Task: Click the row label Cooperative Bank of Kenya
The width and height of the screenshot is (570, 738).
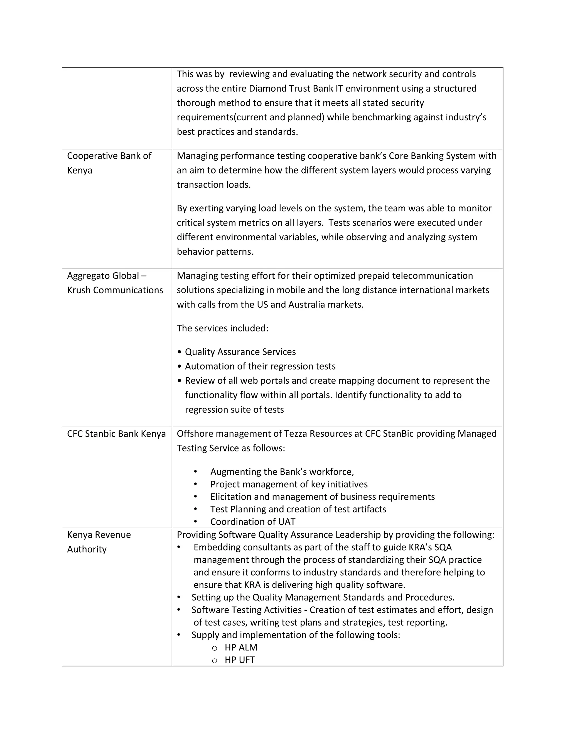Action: point(109,163)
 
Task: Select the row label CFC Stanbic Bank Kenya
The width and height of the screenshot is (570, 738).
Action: point(116,434)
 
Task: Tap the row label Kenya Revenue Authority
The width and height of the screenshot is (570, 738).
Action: point(99,542)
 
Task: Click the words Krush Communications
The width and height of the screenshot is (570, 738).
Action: point(115,290)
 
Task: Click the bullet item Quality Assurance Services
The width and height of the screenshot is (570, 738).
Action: point(240,352)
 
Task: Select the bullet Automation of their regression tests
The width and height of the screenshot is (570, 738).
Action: point(260,366)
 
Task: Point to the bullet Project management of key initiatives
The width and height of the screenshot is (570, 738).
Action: point(289,484)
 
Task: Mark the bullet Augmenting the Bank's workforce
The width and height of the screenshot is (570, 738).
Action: point(282,472)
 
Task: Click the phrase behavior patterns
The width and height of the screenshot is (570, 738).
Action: point(215,251)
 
